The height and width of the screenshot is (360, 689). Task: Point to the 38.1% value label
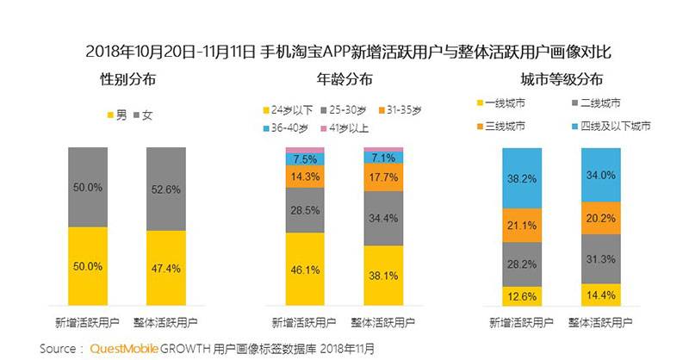click(383, 277)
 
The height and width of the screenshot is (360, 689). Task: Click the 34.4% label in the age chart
click(383, 217)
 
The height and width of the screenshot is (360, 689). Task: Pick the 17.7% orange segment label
click(383, 178)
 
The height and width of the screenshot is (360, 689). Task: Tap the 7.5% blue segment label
click(305, 159)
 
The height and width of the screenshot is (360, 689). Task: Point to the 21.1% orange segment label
click(522, 226)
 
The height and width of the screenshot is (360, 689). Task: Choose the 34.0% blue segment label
click(601, 175)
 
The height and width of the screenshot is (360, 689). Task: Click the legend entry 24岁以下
click(289, 110)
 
